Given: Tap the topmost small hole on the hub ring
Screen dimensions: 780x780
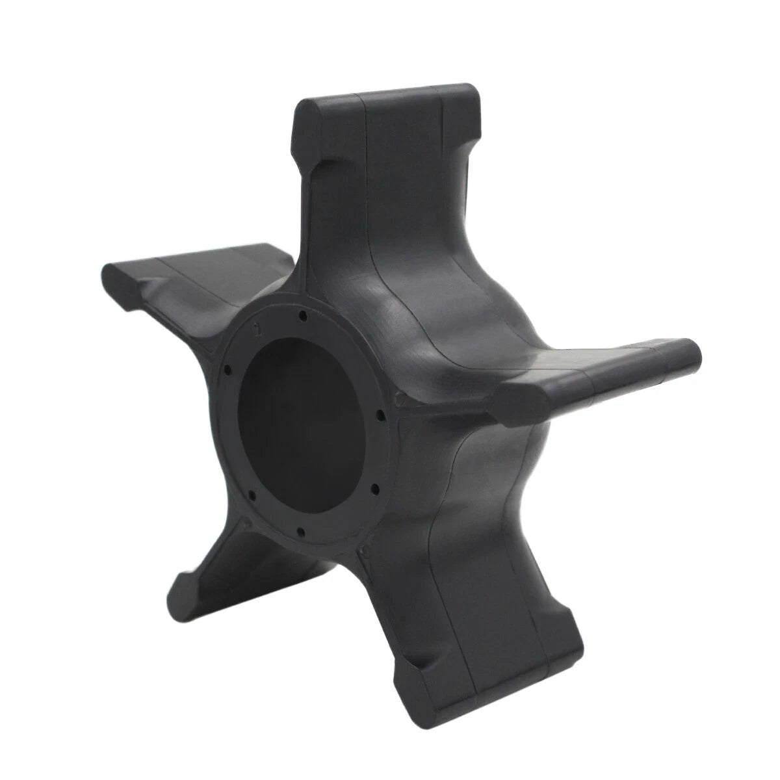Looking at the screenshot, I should (304, 317).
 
